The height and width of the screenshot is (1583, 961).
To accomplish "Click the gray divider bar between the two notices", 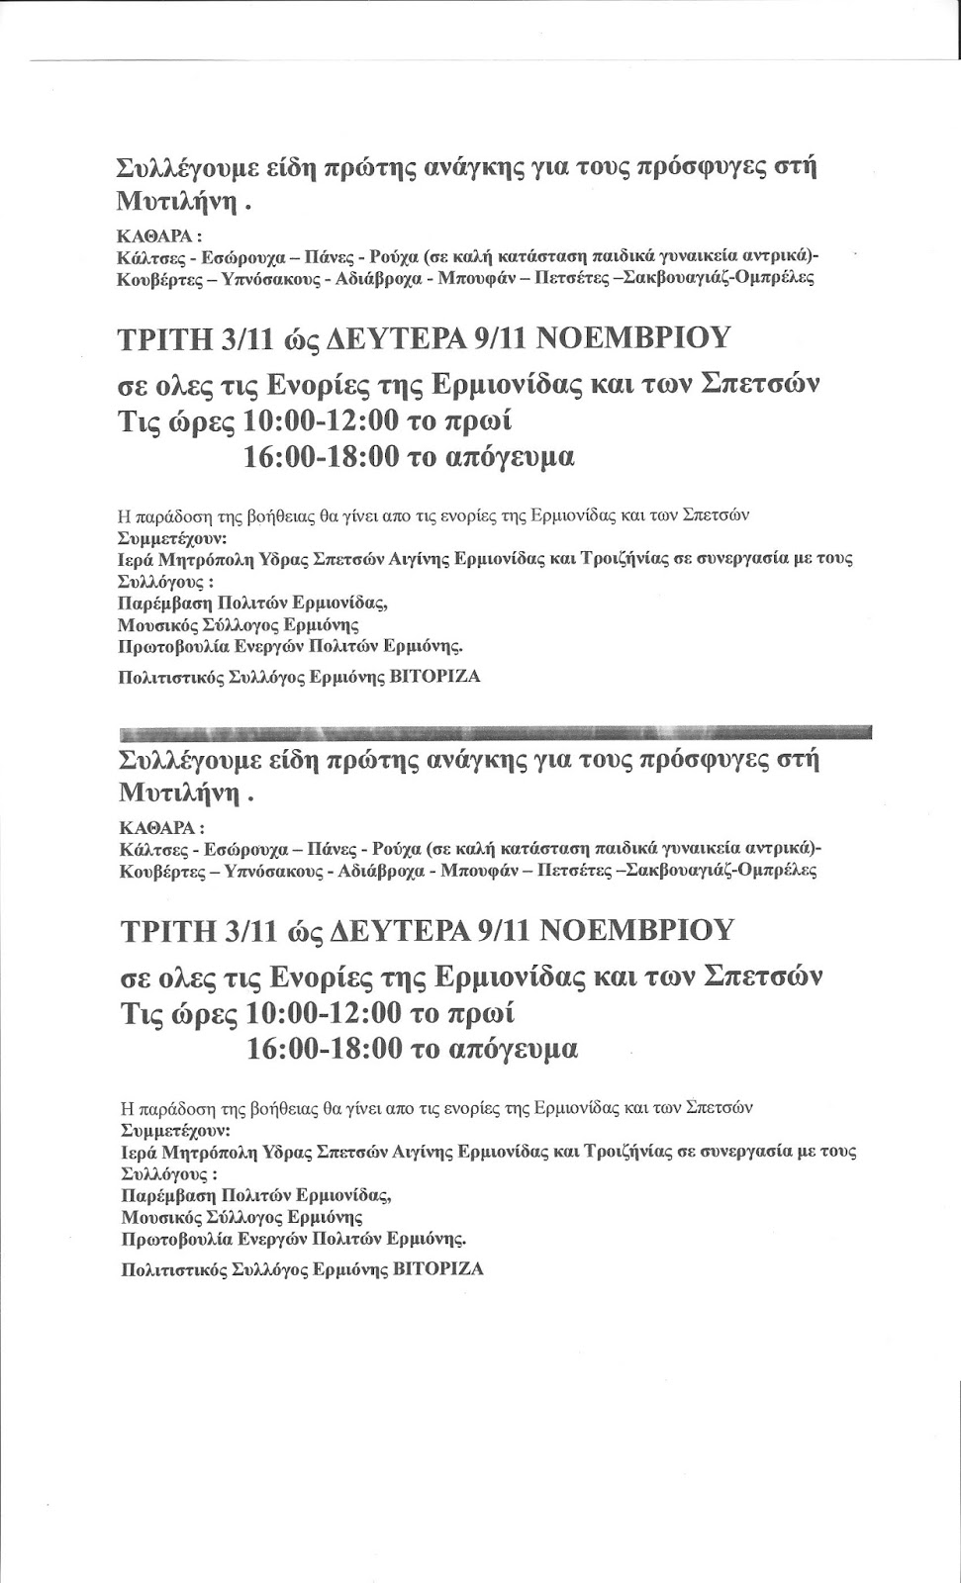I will (495, 734).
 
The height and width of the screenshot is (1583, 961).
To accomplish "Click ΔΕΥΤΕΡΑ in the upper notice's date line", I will (397, 338).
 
